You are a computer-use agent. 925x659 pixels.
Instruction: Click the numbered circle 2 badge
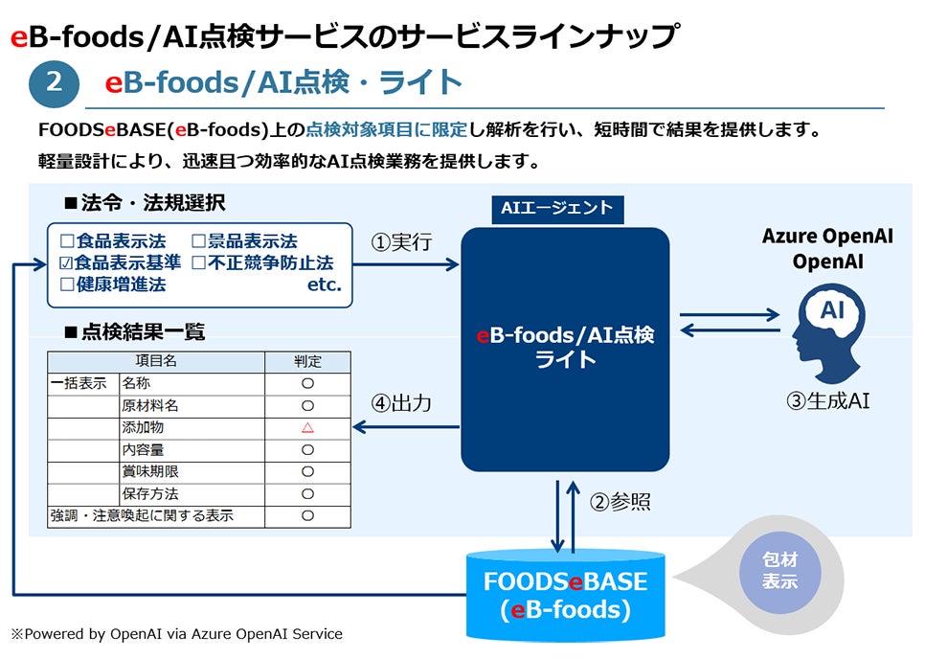tap(54, 83)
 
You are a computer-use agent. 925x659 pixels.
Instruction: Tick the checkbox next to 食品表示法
tap(66, 241)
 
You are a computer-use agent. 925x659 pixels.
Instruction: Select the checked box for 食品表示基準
tap(66, 262)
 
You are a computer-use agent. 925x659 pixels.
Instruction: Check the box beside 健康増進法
tap(66, 284)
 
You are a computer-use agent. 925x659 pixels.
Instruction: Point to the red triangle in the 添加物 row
tap(307, 427)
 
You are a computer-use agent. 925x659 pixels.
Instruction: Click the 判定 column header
tap(307, 361)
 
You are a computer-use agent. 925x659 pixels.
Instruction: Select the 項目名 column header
tap(156, 361)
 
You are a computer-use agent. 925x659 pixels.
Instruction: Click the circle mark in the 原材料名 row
tap(307, 405)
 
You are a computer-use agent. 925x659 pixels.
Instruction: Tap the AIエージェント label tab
tap(556, 208)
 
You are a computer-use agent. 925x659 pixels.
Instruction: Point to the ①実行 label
tap(400, 241)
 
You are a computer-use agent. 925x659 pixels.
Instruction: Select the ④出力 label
tap(400, 404)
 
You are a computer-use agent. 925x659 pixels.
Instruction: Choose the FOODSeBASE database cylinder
tap(565, 594)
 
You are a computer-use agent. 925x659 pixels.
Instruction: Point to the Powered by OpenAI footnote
tap(176, 633)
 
